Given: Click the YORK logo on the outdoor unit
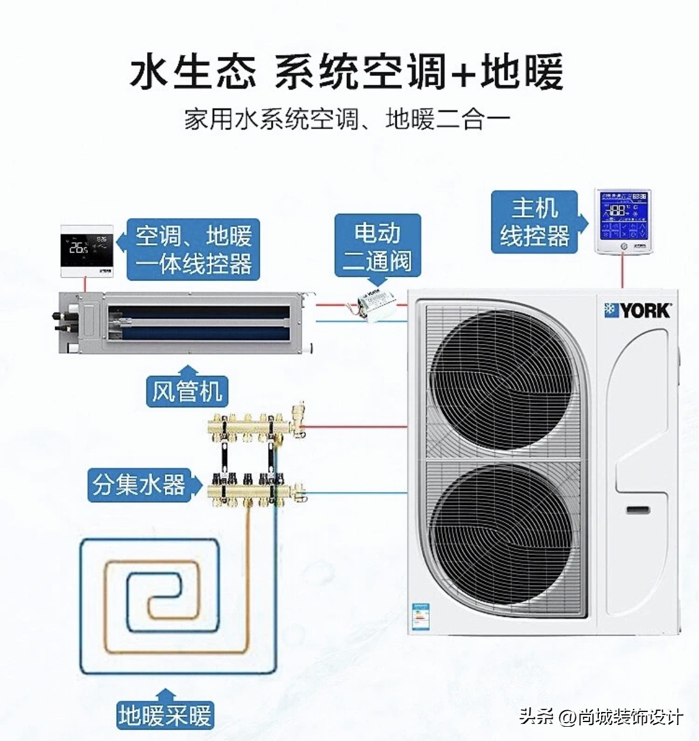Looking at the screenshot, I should coord(637,310).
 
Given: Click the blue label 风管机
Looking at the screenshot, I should coord(187,391).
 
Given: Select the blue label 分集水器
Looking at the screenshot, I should coord(139,485).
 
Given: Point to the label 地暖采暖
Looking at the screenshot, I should coord(165,715).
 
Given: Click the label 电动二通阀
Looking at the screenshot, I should coord(378,247).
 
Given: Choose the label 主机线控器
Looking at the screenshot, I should coord(535,222).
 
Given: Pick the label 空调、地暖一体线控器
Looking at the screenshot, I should coord(194,250).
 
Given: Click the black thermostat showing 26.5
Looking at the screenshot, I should coord(87,251).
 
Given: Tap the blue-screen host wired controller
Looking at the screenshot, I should coord(623,221).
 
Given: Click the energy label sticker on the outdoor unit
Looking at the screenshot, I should coord(421,617).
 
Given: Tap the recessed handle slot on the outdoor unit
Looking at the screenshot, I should coord(638,510).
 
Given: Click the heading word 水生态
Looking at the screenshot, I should coord(193,73).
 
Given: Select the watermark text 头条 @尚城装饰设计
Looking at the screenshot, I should coord(601,717).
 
